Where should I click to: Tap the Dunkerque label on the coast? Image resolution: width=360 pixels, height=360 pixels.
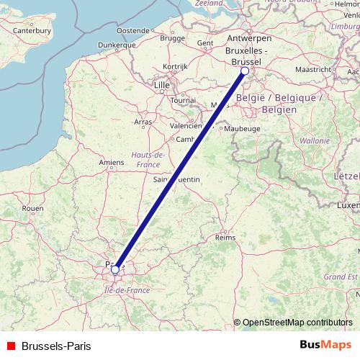(x=97, y=45)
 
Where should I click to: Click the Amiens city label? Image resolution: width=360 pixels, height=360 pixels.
(x=112, y=163)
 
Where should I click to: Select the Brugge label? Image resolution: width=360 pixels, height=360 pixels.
(x=172, y=37)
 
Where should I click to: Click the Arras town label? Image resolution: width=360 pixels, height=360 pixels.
(x=144, y=122)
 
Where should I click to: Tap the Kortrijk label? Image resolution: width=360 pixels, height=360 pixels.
(x=175, y=66)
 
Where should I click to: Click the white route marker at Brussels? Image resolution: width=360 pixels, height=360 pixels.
(x=245, y=71)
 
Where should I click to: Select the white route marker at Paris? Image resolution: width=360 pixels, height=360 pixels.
(x=115, y=270)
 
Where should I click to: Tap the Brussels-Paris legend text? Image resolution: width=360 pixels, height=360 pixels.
(x=56, y=346)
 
